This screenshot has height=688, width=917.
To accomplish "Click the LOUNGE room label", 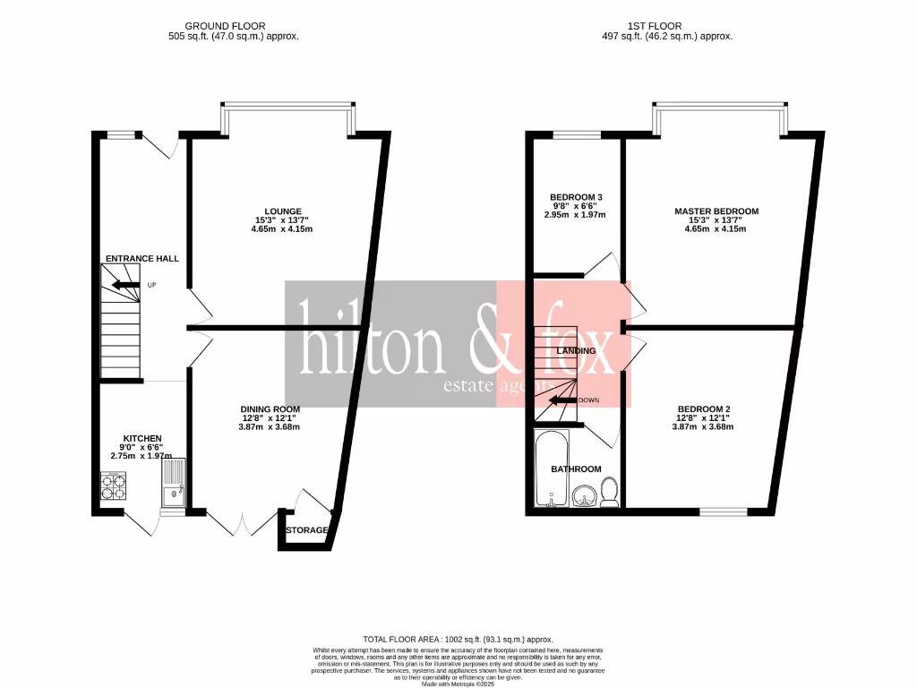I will point(282,211).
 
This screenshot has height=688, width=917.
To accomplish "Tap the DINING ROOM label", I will point(269,408).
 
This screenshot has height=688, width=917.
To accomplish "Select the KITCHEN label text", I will point(142,438).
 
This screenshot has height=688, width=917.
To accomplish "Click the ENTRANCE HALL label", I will point(142,258).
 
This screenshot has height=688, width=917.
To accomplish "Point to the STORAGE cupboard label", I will point(306,530).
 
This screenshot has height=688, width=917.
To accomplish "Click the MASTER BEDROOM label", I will point(716,211).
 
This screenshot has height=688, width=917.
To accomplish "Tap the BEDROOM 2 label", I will point(705,408).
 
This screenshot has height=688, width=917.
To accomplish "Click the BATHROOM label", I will point(576,469).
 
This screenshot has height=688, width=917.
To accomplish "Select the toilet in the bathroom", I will point(609,492).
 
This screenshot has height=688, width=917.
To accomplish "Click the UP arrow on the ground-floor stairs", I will point(119,286).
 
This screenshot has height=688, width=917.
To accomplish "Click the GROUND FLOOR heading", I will point(225,26).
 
